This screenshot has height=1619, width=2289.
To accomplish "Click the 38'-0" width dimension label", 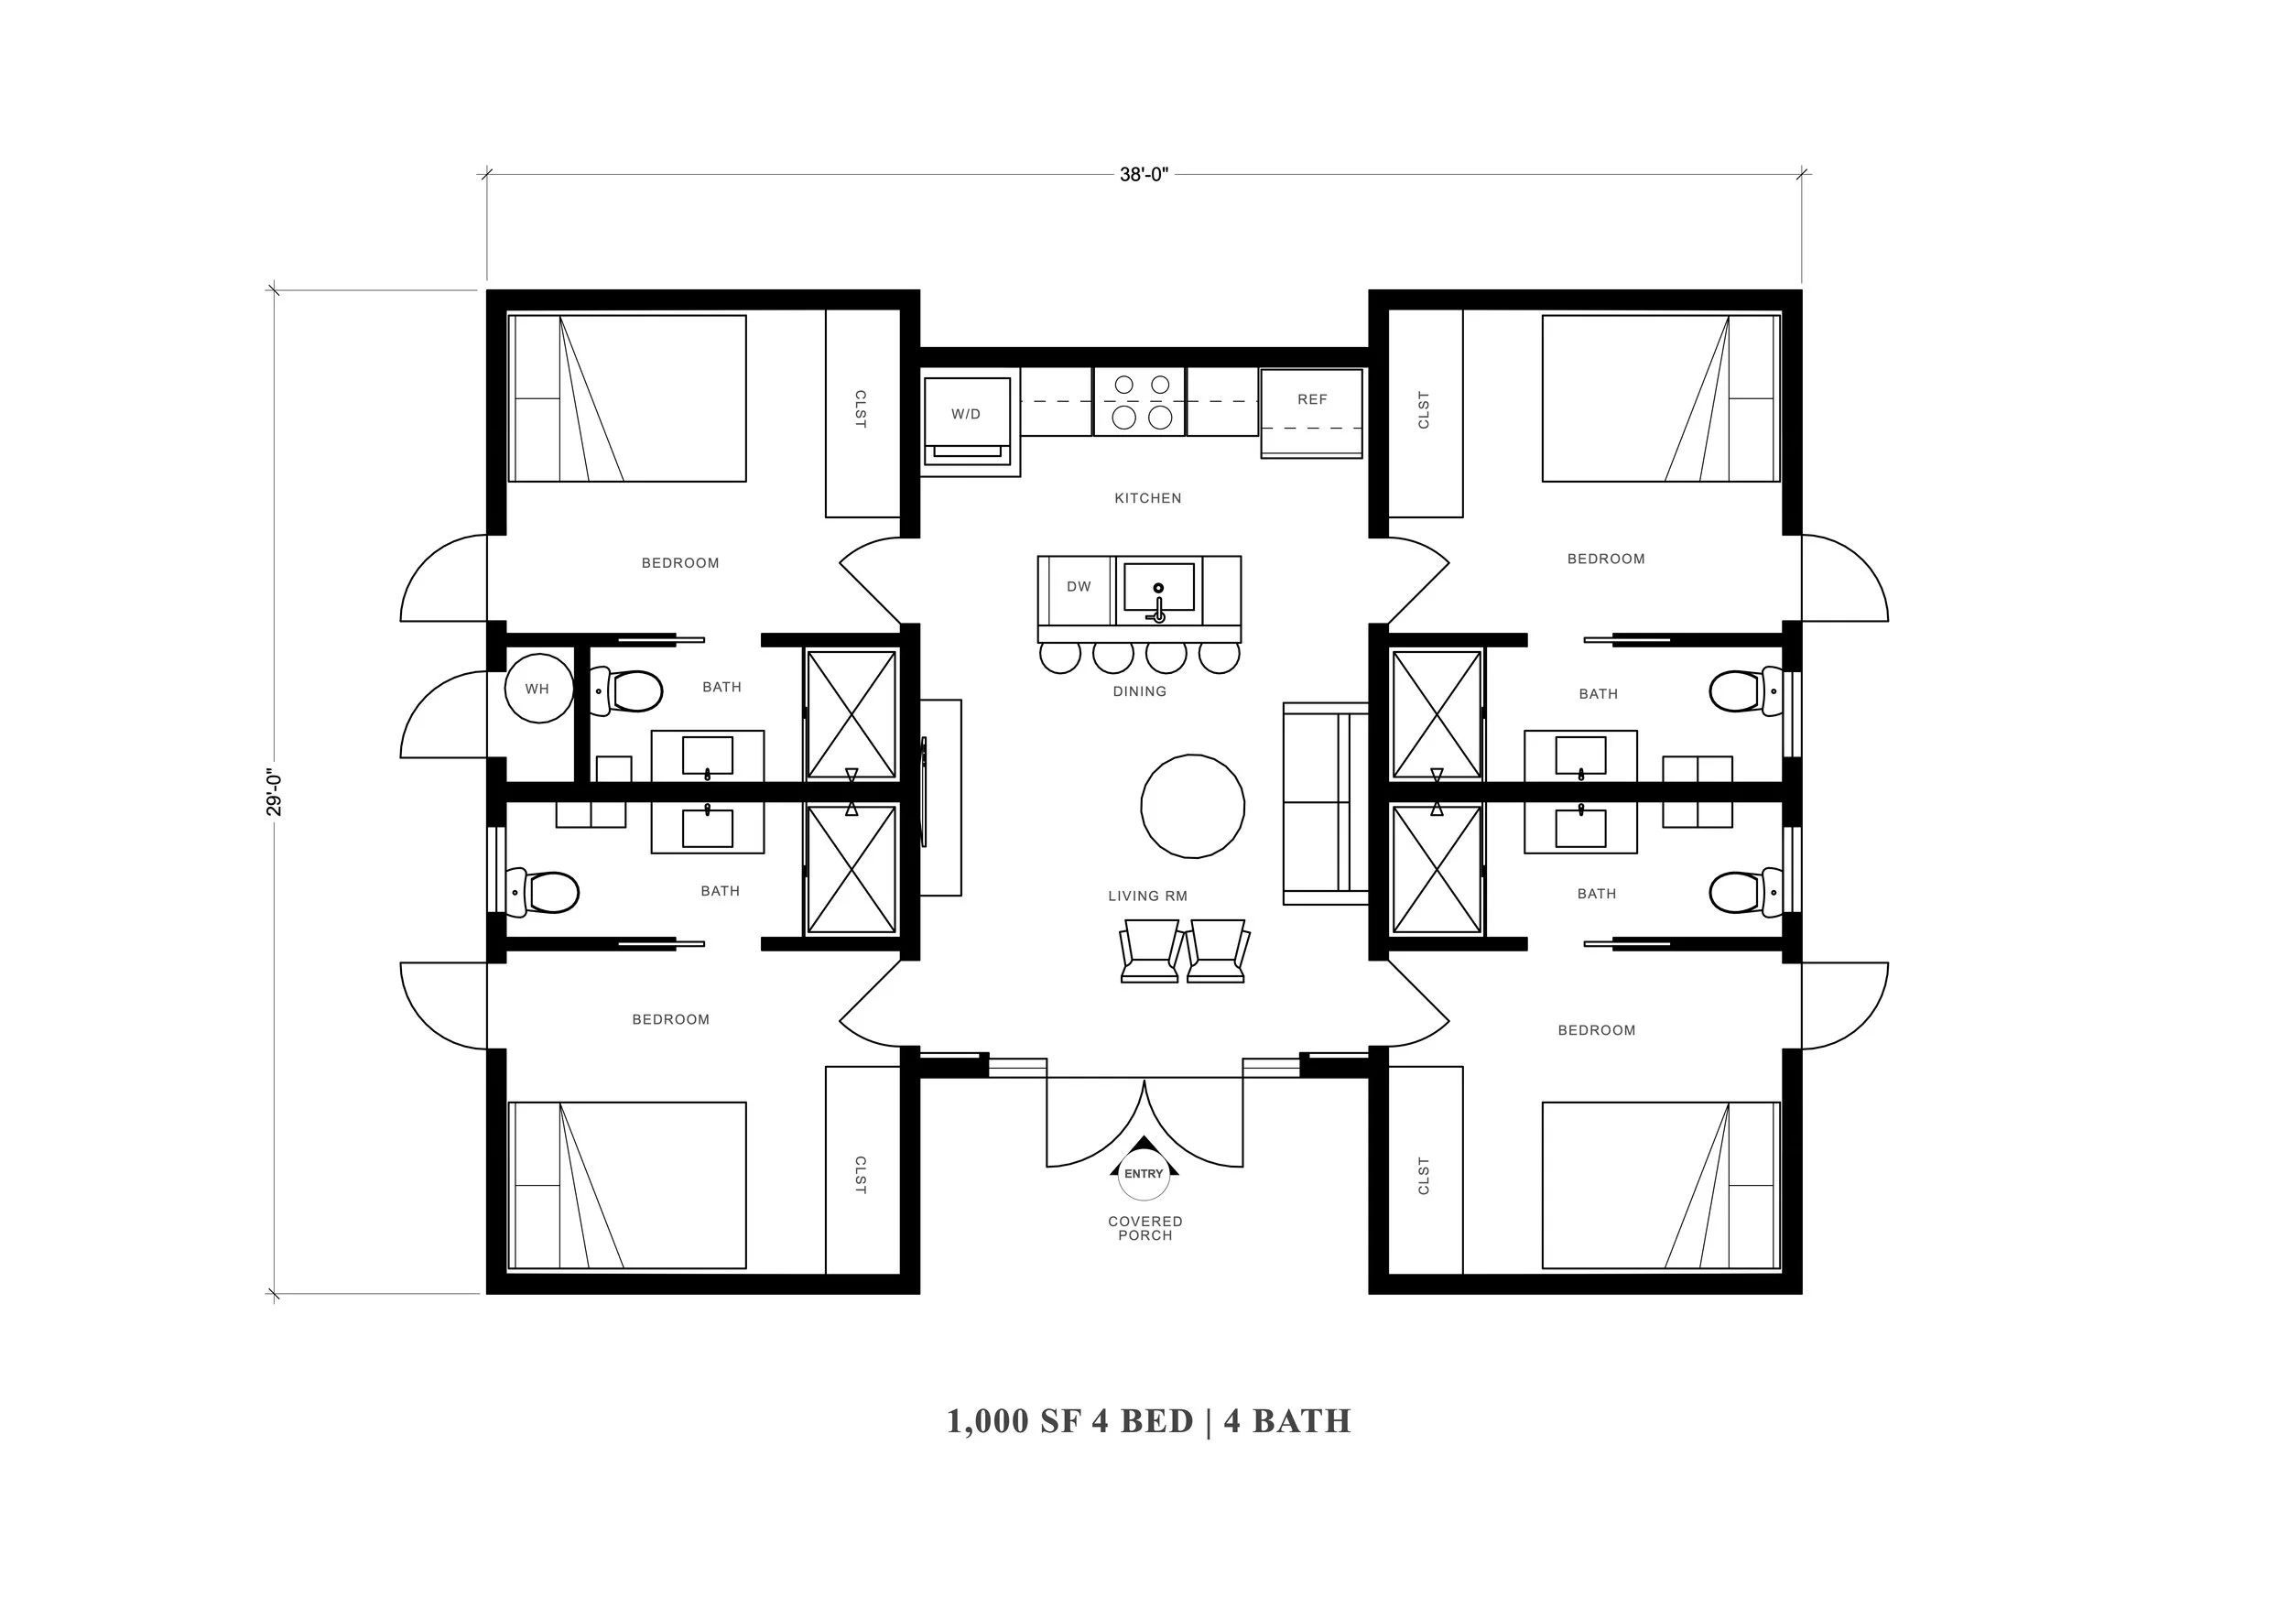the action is pyautogui.click(x=1144, y=176).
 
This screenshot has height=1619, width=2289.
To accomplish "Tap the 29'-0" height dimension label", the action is pyautogui.click(x=274, y=792).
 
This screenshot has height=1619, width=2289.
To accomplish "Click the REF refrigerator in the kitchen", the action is pyautogui.click(x=1311, y=413).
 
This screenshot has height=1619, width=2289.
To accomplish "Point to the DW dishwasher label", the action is pyautogui.click(x=1079, y=587).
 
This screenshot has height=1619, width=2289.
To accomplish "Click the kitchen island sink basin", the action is pyautogui.click(x=1158, y=587).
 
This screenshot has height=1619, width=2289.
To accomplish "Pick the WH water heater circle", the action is pyautogui.click(x=538, y=688).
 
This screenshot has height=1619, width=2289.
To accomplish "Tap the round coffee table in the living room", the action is pyautogui.click(x=1192, y=806).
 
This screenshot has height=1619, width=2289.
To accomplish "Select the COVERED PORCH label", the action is pyautogui.click(x=1145, y=1228).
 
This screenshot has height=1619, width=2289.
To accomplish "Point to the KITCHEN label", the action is pyautogui.click(x=1147, y=498).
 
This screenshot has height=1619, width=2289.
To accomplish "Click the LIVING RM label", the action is pyautogui.click(x=1147, y=896).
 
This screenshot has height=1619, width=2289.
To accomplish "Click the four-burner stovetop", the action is pyautogui.click(x=1141, y=402).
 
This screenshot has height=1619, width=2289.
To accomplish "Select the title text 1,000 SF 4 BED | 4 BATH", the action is pyautogui.click(x=1148, y=1421).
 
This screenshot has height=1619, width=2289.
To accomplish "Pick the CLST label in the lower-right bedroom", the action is pyautogui.click(x=1424, y=1177).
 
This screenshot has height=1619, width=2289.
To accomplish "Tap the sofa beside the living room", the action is pyautogui.click(x=1325, y=803).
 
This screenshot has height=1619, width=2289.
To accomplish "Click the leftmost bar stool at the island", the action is pyautogui.click(x=1059, y=656).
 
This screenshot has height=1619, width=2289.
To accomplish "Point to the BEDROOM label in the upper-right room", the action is pyautogui.click(x=1606, y=560).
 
